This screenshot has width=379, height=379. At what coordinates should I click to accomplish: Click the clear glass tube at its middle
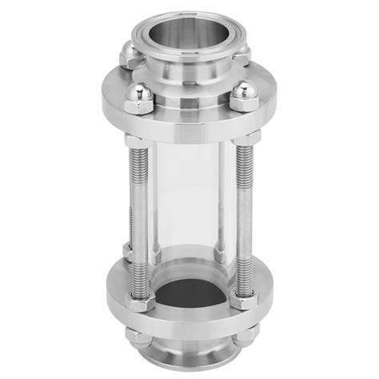[189, 200]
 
